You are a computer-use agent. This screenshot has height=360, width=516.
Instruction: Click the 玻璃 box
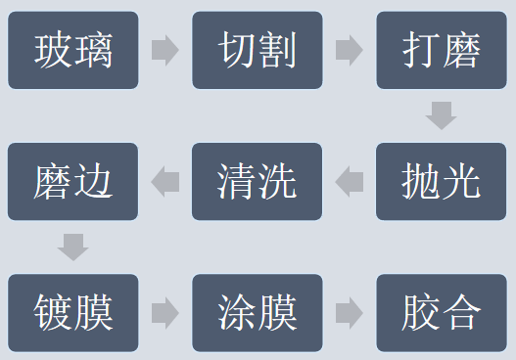pos(72,50)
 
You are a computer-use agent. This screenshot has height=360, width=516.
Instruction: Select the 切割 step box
pos(258,50)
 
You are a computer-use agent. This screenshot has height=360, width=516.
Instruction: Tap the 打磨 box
pos(442,50)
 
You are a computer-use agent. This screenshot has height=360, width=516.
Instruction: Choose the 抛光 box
pos(442,181)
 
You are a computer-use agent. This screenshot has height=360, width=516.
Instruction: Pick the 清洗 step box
pos(258,181)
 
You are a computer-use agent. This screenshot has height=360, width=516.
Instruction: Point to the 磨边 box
pos(72,181)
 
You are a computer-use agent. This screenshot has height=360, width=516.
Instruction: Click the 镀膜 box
pos(72,313)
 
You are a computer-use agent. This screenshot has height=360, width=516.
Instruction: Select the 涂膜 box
pos(258,313)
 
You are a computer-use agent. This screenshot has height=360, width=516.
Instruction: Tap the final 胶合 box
pos(442,313)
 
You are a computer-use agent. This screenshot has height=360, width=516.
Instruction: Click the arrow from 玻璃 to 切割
pos(165,50)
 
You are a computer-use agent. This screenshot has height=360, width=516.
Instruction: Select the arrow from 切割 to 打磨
pos(350,50)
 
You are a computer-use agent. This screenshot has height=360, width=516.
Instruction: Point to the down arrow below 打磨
pos(442,115)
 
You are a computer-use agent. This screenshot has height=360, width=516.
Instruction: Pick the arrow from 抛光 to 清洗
pos(350,181)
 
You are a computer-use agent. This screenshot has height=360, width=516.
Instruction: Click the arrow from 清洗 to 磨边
pos(165,181)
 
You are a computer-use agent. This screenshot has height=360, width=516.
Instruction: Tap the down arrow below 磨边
pos(72,247)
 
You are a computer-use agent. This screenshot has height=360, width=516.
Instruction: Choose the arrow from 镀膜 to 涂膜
pos(165,313)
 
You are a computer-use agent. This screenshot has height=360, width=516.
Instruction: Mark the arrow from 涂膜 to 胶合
pos(350,313)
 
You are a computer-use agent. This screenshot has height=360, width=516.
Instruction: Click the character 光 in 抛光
pos(462,181)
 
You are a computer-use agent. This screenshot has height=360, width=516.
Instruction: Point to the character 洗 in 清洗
pos(277,181)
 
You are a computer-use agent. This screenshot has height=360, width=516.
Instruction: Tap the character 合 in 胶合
pos(462,313)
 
